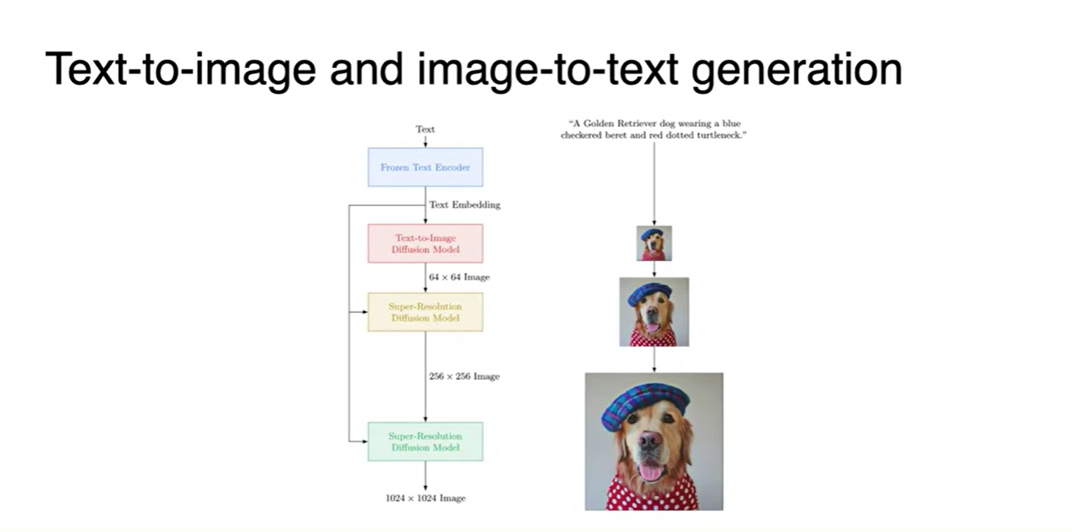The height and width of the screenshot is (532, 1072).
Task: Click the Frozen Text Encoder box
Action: tap(425, 167)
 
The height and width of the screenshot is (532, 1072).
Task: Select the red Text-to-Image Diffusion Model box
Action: tap(425, 243)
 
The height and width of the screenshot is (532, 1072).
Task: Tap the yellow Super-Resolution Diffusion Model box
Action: tap(425, 312)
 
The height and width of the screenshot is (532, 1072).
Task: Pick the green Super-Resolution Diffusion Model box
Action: tap(425, 441)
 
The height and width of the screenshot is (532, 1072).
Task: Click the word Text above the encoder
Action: tap(425, 129)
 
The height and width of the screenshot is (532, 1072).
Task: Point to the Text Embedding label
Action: tap(465, 205)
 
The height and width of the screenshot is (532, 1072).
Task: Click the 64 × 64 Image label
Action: tap(459, 277)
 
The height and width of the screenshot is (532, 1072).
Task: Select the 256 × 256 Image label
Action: tap(464, 377)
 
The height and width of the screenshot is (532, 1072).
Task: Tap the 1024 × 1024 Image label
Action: tap(425, 499)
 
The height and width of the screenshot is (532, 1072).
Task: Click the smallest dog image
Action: tap(654, 243)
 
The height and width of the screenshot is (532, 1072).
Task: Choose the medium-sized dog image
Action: tap(654, 312)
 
